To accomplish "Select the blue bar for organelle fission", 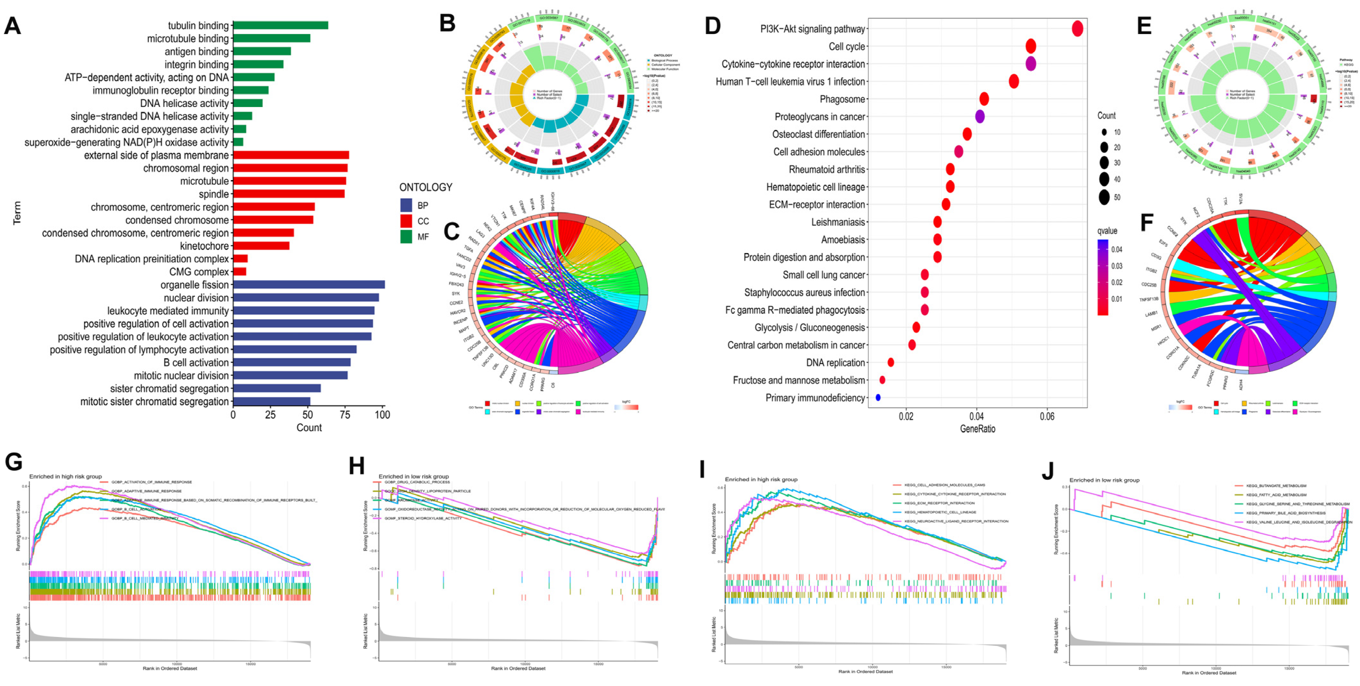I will coord(309,285).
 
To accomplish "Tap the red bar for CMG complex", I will coord(240,272).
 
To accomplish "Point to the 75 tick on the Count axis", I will coord(345,415).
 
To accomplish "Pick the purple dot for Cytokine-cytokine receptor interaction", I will coord(1030,64).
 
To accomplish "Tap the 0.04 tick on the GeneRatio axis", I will coord(977,417).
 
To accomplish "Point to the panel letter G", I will coord(14,462).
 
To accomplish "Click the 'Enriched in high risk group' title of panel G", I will coord(65,477).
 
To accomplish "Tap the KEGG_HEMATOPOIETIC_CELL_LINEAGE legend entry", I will coord(940,512).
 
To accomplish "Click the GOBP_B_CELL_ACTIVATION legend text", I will coord(136,509).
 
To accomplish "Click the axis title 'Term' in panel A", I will coord(17,213).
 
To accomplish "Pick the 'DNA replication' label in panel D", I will coord(835,362).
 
